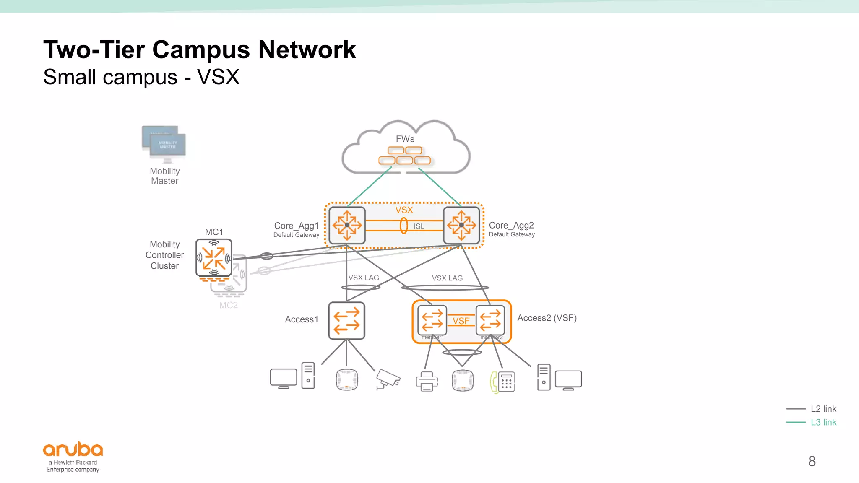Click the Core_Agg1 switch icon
347,225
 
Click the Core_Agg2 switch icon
461,225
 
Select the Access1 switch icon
346,320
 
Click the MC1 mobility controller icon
214,257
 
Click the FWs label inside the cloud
405,139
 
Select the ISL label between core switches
419,226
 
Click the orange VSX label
404,210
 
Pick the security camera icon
388,379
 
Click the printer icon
427,381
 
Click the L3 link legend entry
823,422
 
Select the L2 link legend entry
823,409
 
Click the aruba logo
73,450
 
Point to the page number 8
812,461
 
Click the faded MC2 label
228,305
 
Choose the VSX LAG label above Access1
364,278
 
